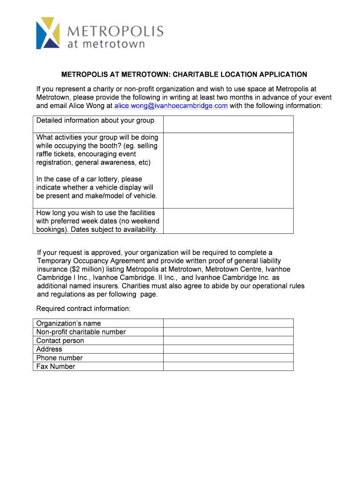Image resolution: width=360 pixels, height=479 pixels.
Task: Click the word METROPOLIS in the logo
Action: (x=116, y=31)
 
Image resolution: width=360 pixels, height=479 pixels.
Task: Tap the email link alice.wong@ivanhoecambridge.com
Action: (x=171, y=106)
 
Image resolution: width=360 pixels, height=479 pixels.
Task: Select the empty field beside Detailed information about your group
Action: (x=228, y=124)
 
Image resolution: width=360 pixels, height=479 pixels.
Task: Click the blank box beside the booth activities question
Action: (x=228, y=171)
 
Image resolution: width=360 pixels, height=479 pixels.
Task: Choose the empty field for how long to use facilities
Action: (x=228, y=221)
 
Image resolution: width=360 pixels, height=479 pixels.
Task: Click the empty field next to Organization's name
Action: (x=228, y=323)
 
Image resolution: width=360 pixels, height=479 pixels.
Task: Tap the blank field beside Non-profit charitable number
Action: (x=228, y=332)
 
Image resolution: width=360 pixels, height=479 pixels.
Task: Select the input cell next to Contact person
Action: (x=228, y=341)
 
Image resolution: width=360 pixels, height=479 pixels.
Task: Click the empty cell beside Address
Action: (x=228, y=349)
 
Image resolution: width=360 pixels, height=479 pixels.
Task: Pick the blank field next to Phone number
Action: (x=228, y=358)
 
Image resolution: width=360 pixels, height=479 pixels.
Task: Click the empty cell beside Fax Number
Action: (x=228, y=367)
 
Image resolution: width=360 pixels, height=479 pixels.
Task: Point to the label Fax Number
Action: (x=56, y=367)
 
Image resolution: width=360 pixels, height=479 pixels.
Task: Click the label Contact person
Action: (x=60, y=341)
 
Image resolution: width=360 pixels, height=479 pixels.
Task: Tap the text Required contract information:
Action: (x=84, y=309)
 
